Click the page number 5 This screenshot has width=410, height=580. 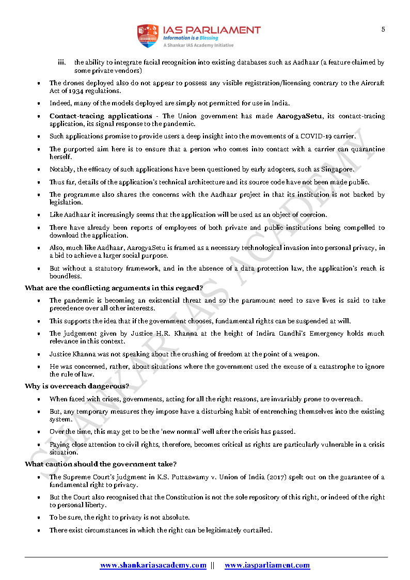(x=383, y=29)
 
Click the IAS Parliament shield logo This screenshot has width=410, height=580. (x=148, y=36)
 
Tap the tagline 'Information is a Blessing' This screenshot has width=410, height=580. (x=191, y=38)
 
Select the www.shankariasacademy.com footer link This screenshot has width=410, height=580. (x=153, y=565)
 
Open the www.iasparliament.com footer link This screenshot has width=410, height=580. (x=267, y=565)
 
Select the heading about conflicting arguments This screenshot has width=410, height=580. (x=114, y=288)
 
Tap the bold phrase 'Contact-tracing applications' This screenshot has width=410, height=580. (x=101, y=116)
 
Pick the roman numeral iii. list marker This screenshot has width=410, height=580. (x=61, y=62)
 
